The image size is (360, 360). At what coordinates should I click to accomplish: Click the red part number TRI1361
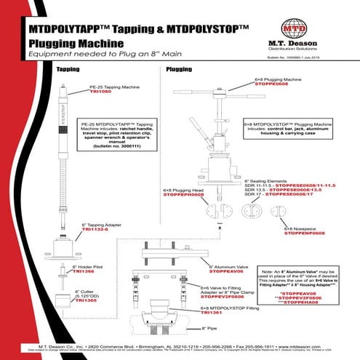[211, 313]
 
